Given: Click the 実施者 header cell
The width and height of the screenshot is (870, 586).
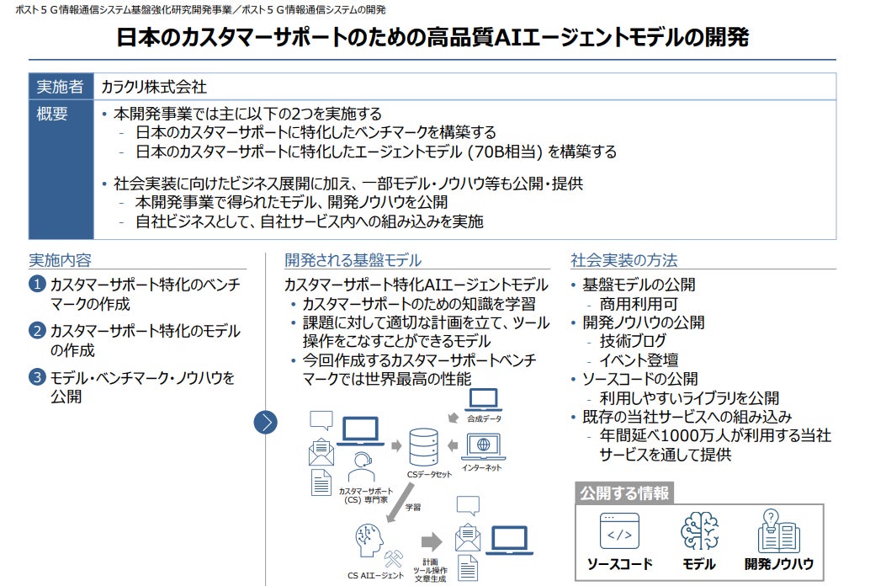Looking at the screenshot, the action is (60, 87).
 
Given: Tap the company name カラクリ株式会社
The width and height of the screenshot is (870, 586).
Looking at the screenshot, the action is (154, 87).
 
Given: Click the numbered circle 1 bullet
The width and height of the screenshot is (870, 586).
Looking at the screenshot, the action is (37, 285).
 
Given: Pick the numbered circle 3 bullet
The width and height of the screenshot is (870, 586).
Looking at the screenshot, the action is (37, 378).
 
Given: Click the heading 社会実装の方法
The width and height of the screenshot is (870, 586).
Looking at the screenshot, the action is (623, 260).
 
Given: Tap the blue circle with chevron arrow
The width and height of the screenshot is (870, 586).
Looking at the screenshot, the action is (266, 422).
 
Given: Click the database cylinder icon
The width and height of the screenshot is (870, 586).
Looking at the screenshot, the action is (422, 446).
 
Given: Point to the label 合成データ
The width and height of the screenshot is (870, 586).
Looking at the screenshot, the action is (484, 418).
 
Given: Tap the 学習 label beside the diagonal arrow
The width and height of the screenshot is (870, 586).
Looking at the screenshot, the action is (413, 508).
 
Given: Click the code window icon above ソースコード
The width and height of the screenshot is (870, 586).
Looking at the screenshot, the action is (619, 531).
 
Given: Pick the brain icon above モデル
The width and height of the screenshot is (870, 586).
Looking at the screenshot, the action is (699, 531).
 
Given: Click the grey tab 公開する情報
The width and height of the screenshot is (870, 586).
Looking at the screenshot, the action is (624, 493).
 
